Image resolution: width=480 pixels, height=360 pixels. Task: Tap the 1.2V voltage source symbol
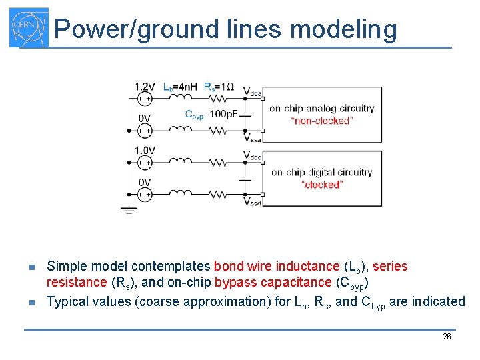[x=144, y=99]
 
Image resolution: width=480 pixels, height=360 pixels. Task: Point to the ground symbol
[x=129, y=211]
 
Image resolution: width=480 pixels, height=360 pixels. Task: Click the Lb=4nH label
[x=180, y=86]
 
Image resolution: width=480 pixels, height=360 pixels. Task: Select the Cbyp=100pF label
[x=211, y=114]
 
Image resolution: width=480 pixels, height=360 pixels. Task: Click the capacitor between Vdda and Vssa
[x=245, y=115]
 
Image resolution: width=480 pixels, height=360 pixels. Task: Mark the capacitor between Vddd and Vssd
[x=245, y=178]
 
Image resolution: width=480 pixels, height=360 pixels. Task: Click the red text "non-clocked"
[x=321, y=121]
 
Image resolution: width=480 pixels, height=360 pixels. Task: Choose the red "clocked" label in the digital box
[x=321, y=185]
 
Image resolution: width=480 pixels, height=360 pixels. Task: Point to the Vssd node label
[x=252, y=201]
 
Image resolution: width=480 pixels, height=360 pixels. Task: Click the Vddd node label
[x=252, y=155]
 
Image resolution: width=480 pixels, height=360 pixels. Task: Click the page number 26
[x=447, y=337]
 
